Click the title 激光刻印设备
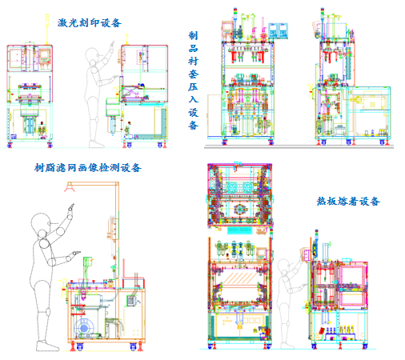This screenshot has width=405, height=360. (90, 22)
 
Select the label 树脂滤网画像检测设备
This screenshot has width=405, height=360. (88, 168)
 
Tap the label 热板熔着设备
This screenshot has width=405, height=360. (348, 201)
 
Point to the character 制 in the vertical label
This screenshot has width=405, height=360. (193, 35)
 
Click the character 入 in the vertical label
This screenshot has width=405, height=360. (193, 99)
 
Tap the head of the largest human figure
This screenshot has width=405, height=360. (41, 222)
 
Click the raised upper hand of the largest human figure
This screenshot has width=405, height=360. (71, 207)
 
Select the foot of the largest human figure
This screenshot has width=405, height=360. (47, 346)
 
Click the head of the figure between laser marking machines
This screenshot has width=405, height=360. (92, 55)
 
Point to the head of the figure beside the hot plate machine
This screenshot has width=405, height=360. (284, 265)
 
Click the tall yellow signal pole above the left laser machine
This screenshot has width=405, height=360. (47, 29)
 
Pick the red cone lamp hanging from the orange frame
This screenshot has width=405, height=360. (70, 188)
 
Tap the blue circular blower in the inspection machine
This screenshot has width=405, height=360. (84, 328)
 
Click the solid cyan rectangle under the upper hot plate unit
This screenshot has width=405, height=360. (240, 230)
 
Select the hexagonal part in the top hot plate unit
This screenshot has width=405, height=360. (239, 210)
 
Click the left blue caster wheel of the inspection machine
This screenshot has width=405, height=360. (80, 346)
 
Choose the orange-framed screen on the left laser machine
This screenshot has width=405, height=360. (45, 56)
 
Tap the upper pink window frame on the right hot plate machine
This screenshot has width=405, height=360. (351, 276)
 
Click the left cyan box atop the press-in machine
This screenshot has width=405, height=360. (273, 31)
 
